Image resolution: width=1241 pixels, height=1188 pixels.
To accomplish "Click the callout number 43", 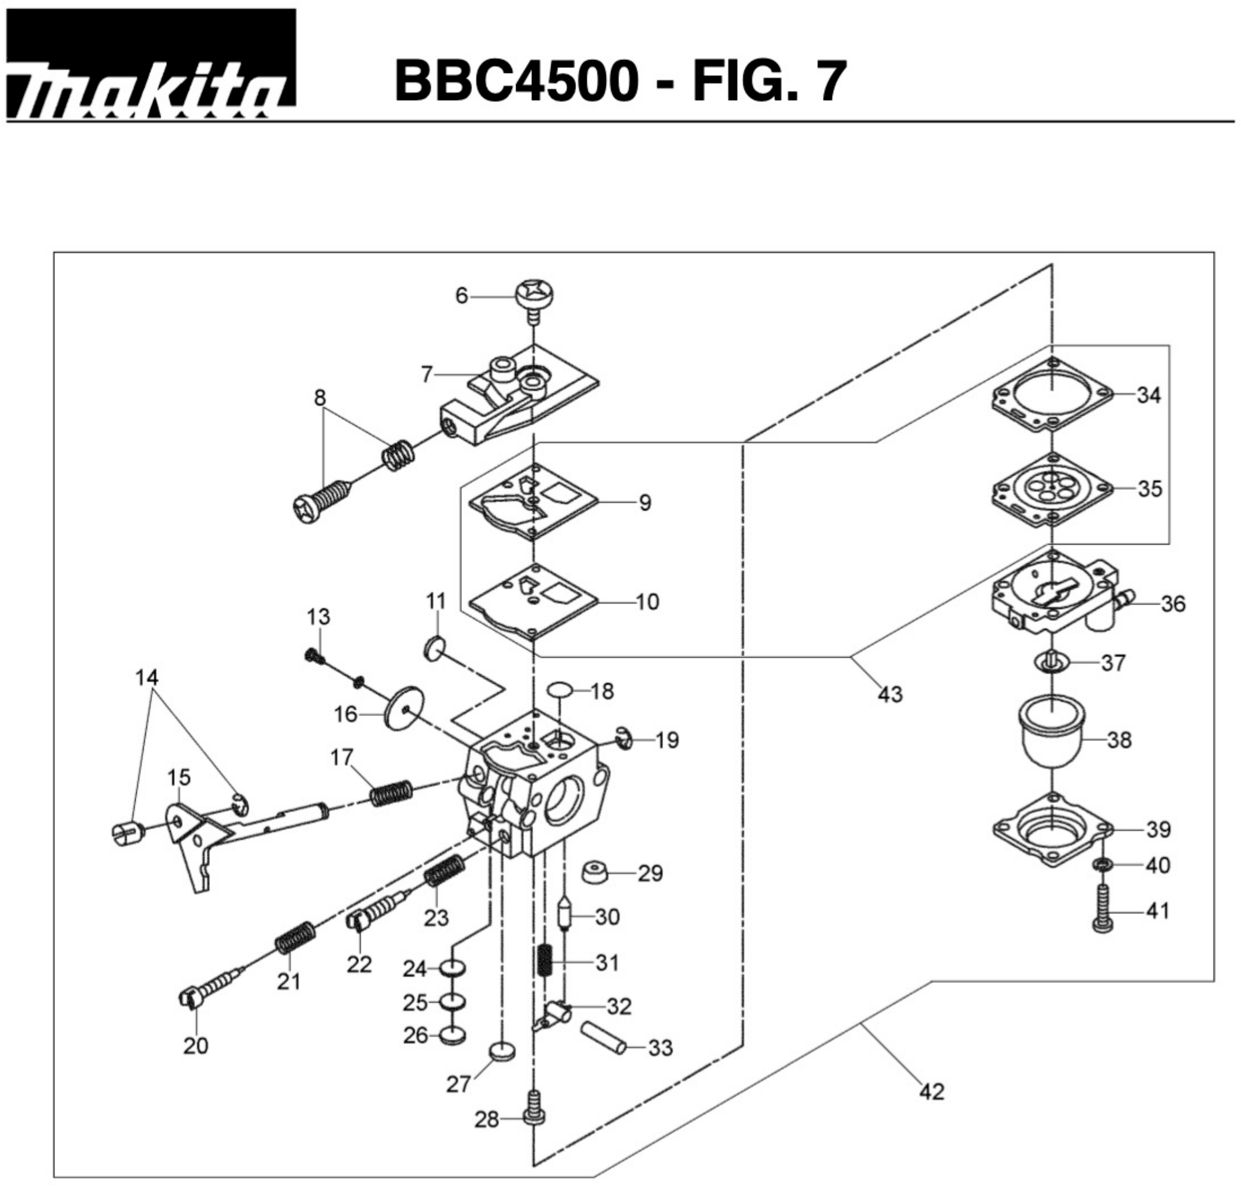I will (x=890, y=695).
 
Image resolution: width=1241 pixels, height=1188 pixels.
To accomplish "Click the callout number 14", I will (x=147, y=677).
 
